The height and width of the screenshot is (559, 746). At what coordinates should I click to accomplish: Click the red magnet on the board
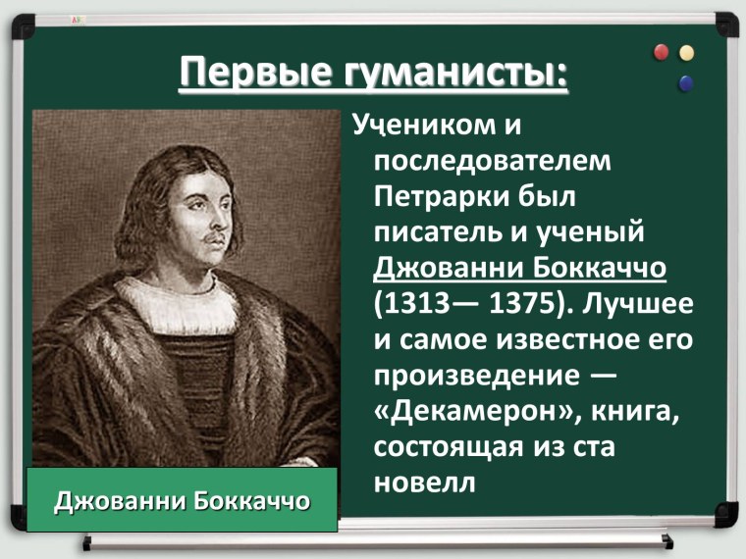(662, 50)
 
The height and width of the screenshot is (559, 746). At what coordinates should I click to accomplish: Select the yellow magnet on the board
(686, 51)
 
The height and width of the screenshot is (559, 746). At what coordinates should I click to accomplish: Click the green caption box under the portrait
(183, 501)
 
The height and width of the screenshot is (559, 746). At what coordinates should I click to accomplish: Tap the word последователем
(492, 159)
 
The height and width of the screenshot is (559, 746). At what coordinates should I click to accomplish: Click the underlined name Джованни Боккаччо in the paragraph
(526, 267)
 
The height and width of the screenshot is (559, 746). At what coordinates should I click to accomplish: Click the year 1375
(519, 303)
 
